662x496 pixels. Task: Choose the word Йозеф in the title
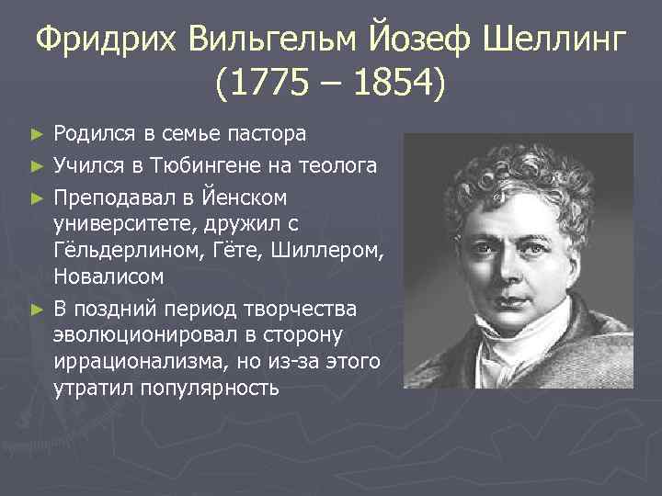pos(423,40)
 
